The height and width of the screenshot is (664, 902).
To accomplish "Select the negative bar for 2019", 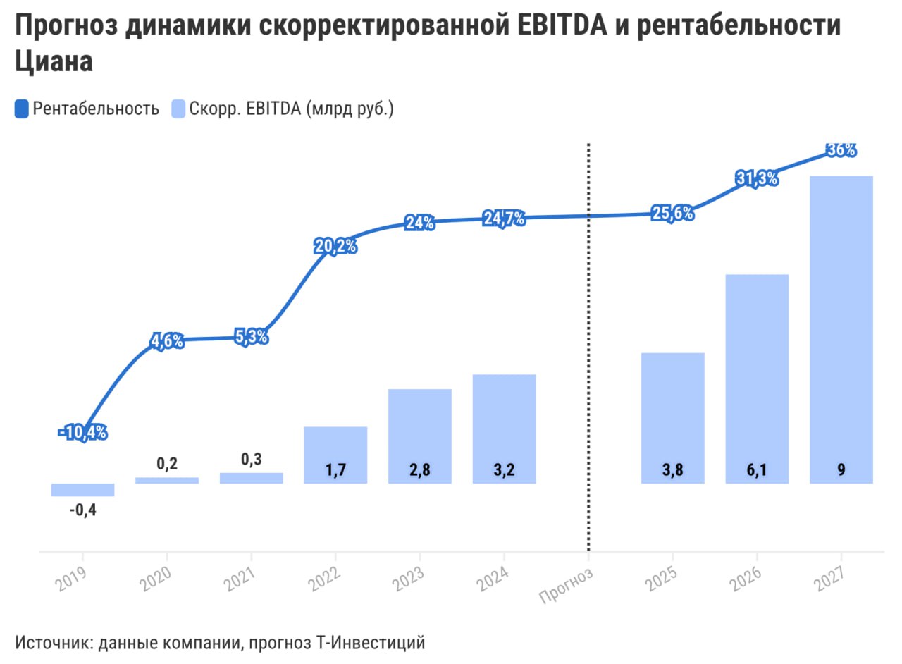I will (82, 490).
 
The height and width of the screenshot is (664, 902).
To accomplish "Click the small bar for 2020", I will (167, 480).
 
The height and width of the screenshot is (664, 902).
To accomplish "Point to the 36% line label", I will (841, 149).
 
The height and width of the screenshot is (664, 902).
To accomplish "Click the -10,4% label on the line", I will (82, 433).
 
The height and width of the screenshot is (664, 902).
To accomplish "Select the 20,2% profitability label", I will (335, 247).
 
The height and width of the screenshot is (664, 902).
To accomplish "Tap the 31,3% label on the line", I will (757, 179).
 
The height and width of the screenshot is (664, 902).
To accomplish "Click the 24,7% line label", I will (504, 219).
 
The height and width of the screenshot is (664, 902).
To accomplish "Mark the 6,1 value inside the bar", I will (757, 471).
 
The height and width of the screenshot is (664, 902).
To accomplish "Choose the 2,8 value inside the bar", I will (420, 471).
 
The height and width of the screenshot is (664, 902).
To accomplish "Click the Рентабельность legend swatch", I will (22, 109).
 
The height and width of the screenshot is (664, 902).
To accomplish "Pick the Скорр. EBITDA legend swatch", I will (179, 109).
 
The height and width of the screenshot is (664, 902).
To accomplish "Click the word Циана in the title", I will (54, 61).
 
